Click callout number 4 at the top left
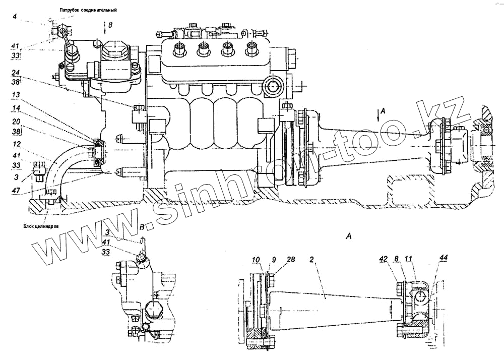click(15, 17)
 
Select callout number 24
click(16, 72)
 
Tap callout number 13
click(16, 94)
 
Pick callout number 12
click(16, 144)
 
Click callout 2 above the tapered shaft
click(312, 260)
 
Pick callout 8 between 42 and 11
click(397, 260)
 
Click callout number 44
click(443, 259)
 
